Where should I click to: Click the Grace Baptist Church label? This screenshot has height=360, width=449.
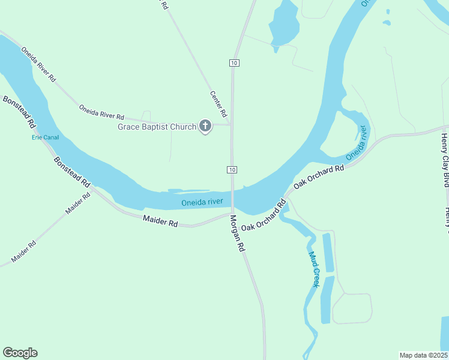(x=157, y=127)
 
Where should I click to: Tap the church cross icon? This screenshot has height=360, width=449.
(x=205, y=127)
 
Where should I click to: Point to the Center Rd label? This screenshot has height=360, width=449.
(x=218, y=103)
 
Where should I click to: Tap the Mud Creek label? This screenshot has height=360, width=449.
(x=314, y=269)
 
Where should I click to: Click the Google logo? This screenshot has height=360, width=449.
(x=20, y=353)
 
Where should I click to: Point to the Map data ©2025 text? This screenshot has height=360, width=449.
(x=424, y=355)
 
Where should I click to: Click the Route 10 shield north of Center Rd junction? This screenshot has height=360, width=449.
(x=234, y=62)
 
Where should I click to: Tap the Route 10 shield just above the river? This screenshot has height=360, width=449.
(x=232, y=170)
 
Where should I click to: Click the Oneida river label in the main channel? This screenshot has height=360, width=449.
(x=202, y=203)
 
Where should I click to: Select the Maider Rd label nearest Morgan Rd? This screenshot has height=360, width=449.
(x=160, y=221)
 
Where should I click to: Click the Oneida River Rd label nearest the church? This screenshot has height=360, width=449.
(x=101, y=112)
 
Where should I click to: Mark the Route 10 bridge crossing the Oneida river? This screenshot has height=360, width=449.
(x=232, y=197)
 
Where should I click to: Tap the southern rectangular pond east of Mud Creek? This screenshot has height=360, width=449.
(x=327, y=299)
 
